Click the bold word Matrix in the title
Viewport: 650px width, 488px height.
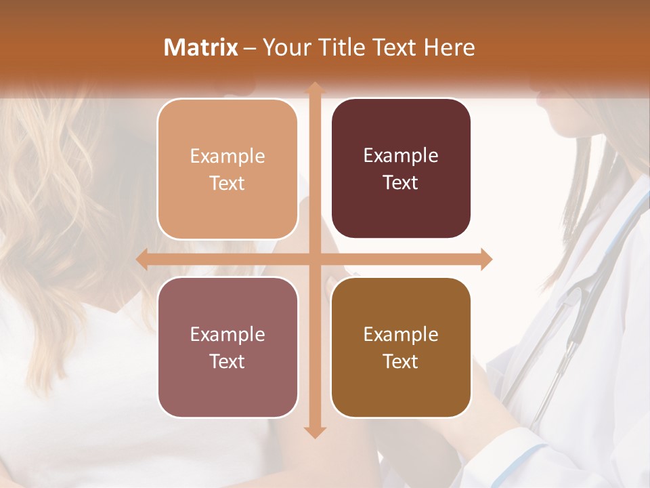click(201, 47)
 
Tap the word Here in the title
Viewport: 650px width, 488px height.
click(449, 47)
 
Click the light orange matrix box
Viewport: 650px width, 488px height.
click(227, 169)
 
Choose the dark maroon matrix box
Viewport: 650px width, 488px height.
click(401, 169)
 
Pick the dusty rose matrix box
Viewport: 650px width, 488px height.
click(227, 347)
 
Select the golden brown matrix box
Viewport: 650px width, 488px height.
click(401, 347)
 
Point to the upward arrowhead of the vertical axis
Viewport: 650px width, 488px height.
click(315, 87)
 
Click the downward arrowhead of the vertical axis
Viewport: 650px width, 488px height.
click(315, 432)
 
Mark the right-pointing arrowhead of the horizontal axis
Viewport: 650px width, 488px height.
click(486, 259)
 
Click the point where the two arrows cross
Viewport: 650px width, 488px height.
click(315, 259)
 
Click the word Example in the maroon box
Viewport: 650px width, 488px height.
click(401, 156)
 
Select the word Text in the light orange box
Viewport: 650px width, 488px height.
click(227, 184)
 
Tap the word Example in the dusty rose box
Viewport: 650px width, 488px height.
click(227, 334)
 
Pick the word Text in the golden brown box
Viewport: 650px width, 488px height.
click(400, 362)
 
